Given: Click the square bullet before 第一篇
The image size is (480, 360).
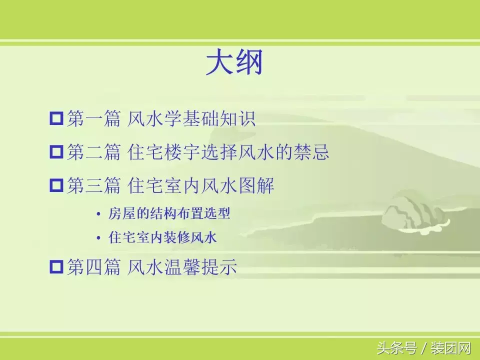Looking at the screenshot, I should pos(56,119).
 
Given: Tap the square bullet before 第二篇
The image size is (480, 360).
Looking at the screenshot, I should pos(56,152).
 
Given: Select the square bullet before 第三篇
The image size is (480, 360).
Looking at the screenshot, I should pos(56,186).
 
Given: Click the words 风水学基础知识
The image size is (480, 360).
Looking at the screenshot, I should pos(191,119).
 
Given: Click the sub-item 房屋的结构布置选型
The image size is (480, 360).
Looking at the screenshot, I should pos(169,214).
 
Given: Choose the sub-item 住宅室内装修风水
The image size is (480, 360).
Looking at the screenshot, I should pos(162,238).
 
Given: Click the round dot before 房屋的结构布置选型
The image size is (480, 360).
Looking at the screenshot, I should pos(98,214).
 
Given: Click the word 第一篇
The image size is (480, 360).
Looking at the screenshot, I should pos(93,119).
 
